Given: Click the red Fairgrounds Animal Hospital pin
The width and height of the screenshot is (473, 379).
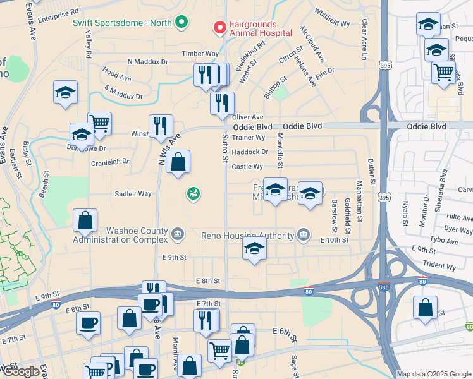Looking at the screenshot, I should pos(219,27).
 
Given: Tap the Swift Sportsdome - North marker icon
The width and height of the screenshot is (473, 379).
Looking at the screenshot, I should pos(181,23).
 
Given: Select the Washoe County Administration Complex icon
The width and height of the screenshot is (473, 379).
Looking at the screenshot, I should pos(178,235).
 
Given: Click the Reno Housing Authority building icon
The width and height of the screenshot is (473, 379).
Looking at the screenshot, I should pos(304,235).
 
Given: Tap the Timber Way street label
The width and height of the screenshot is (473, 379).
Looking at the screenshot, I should pos(200,54).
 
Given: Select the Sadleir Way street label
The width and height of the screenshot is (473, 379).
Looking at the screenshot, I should pos(133,194).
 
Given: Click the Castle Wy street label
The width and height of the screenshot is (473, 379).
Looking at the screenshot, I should pos(247,167).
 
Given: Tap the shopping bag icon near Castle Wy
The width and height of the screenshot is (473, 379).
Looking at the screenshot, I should pos(179,162).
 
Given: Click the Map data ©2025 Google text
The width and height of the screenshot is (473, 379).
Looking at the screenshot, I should pos(433,374).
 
